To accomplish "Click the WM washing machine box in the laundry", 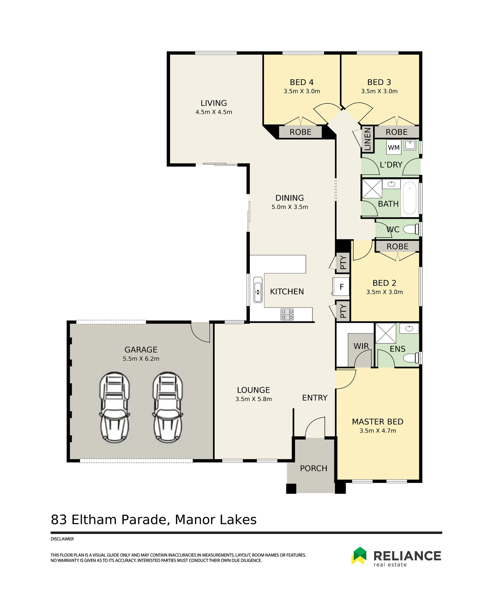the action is [394, 147].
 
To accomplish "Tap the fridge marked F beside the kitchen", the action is [341, 287].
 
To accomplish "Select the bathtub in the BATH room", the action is [410, 198].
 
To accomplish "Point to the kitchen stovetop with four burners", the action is [287, 314].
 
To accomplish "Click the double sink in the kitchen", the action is [258, 290].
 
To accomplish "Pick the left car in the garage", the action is [115, 408].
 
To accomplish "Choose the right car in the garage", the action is [168, 408].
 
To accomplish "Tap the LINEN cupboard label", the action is [367, 139].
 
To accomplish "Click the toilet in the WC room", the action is [411, 229].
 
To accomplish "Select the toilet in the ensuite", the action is [412, 358].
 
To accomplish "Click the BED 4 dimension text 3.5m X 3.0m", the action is [302, 91].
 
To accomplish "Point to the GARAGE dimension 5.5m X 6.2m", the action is [141, 359].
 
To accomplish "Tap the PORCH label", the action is [313, 468].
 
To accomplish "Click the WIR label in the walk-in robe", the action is [361, 346].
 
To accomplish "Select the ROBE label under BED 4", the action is [300, 132].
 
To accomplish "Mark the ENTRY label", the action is [315, 398].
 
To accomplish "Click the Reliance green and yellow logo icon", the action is [359, 556].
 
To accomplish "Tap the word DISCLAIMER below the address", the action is [62, 539].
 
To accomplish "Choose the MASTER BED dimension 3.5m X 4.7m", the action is [378, 431].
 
